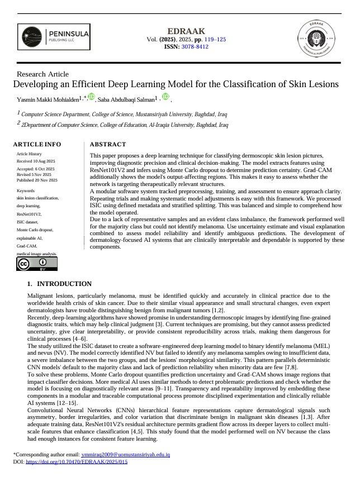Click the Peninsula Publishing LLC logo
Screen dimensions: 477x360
tap(53, 38)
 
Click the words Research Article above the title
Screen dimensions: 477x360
tap(43, 74)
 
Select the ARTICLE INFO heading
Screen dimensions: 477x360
tap(37, 144)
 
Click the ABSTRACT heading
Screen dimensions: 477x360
tap(108, 144)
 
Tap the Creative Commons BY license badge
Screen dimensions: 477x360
tap(29, 264)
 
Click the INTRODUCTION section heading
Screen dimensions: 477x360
tap(64, 284)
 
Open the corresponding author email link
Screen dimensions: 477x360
tap(125, 455)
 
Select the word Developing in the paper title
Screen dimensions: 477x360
tap(35, 84)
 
